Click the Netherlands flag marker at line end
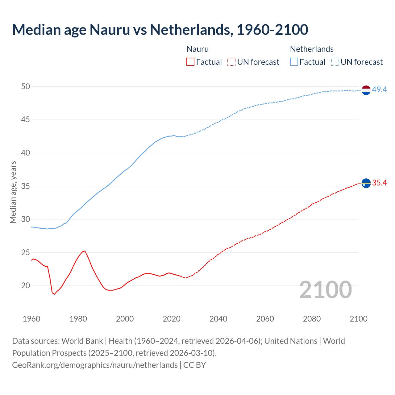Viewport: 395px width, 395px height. click(366, 90)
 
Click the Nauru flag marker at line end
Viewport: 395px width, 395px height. click(366, 183)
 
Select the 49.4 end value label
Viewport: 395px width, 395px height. click(379, 89)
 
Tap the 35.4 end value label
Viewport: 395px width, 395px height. click(379, 183)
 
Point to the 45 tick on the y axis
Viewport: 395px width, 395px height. click(26, 119)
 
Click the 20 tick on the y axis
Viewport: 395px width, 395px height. click(26, 285)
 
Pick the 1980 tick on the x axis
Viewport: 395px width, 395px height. click(78, 319)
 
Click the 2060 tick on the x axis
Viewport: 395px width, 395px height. click(265, 319)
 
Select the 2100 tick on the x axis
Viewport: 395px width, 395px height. click(359, 319)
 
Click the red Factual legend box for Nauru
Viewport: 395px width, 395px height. click(190, 62)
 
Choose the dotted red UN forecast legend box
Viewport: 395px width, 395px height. click(231, 62)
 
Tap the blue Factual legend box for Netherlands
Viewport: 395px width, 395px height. click(294, 62)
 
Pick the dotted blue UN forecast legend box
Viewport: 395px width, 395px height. click(335, 62)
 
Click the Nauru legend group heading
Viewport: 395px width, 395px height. click(197, 49)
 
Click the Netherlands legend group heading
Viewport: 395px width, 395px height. click(312, 49)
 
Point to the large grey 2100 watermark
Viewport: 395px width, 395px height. click(326, 289)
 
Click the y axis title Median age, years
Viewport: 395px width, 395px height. click(13, 192)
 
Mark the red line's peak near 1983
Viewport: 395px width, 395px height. click(85, 251)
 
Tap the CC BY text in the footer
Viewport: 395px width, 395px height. click(194, 365)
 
